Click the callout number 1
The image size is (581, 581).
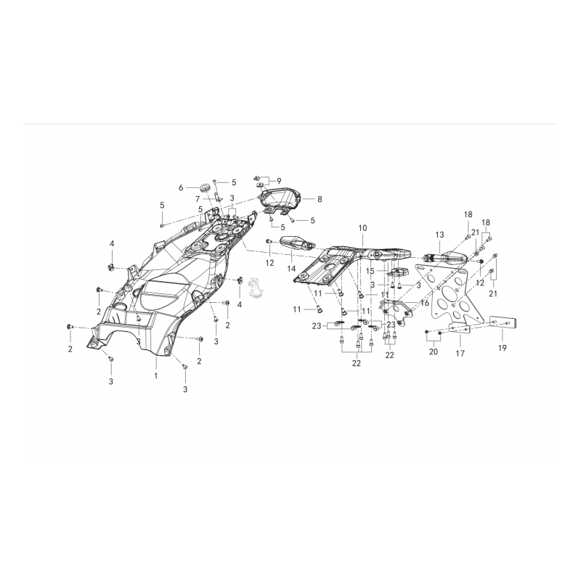pyautogui.click(x=156, y=375)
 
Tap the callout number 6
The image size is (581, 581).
pyautogui.click(x=181, y=188)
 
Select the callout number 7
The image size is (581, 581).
pyautogui.click(x=198, y=199)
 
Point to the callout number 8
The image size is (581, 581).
pyautogui.click(x=320, y=199)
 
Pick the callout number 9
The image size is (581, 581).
pyautogui.click(x=279, y=181)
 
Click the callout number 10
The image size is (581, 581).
pyautogui.click(x=362, y=227)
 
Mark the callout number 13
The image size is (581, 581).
pyautogui.click(x=439, y=235)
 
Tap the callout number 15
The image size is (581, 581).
pyautogui.click(x=370, y=271)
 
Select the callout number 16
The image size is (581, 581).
pyautogui.click(x=425, y=304)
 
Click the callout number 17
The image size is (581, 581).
pyautogui.click(x=460, y=354)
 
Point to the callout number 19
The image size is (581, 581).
pyautogui.click(x=502, y=348)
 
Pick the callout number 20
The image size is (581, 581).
pyautogui.click(x=434, y=352)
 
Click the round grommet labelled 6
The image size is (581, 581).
pyautogui.click(x=203, y=187)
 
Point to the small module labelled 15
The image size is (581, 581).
pyautogui.click(x=398, y=272)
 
